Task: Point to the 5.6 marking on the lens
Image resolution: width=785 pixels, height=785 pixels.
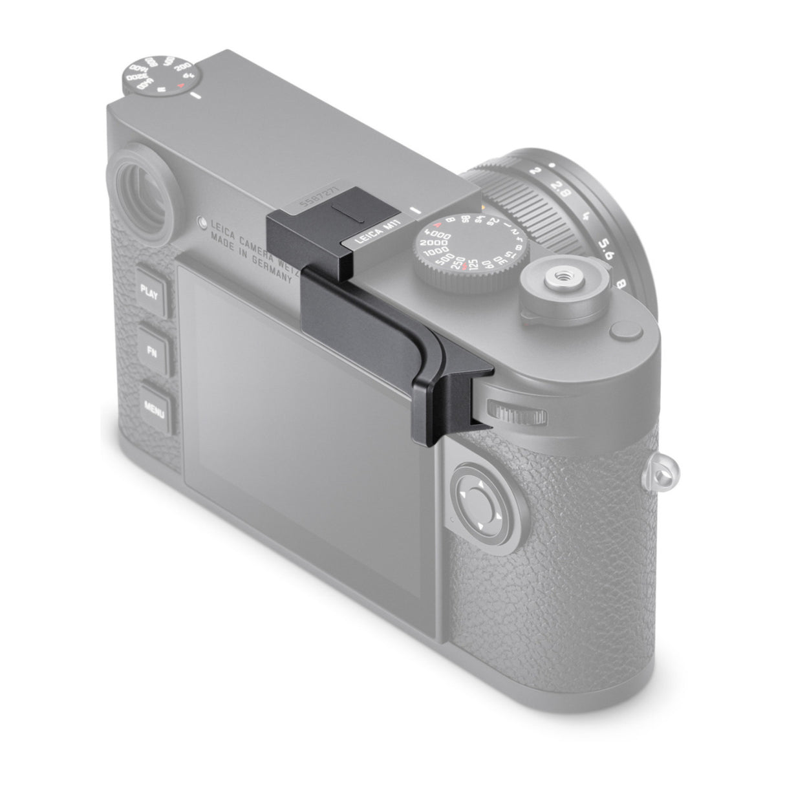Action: tap(604, 247)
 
